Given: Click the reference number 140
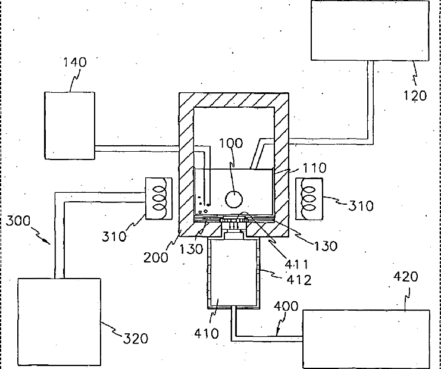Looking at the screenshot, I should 74,62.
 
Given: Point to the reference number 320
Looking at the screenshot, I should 136,339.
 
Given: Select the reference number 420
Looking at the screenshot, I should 406,277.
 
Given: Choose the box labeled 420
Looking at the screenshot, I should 366,337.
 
